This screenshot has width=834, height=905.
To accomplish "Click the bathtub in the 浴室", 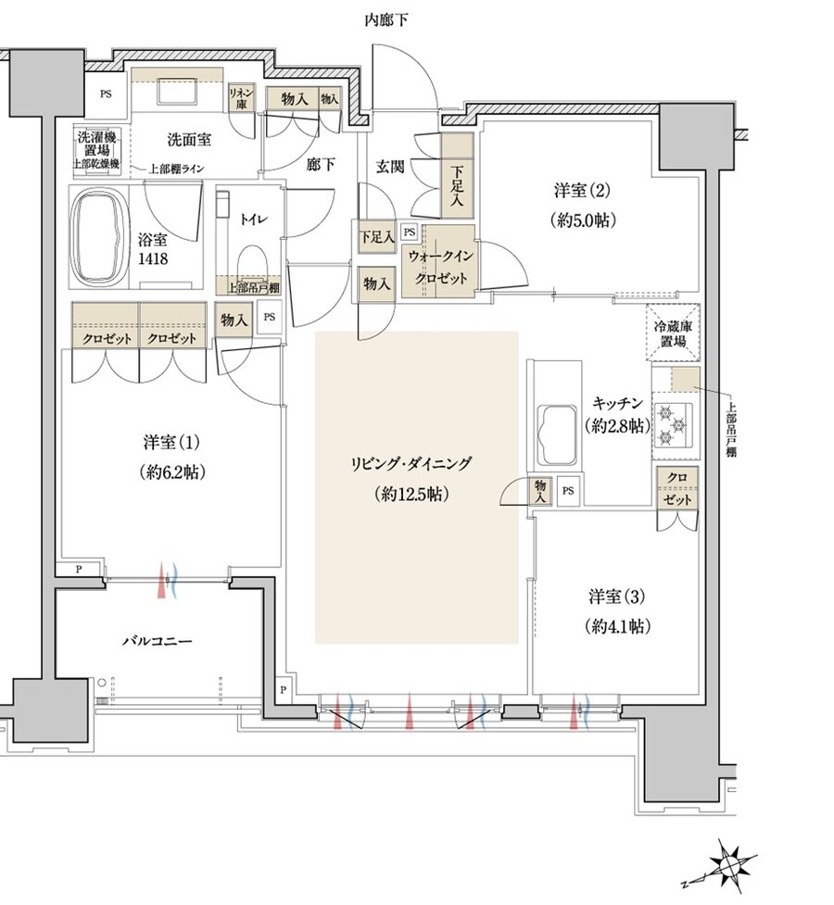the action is tap(99, 237).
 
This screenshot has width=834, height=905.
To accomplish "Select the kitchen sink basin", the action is tap(557, 434).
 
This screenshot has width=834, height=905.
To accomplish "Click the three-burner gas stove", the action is tap(672, 426).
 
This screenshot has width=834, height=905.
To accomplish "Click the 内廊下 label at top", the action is tap(386, 20).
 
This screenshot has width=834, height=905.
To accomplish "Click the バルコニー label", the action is tap(158, 641).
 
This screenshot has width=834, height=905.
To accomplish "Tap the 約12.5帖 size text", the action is tap(411, 494).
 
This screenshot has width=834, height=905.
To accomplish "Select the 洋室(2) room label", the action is tap(582, 190).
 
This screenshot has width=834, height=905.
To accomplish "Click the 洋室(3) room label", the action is tap(616, 597).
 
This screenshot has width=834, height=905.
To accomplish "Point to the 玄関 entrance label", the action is tap(390, 167).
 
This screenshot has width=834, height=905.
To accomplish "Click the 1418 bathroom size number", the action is tap(153, 258).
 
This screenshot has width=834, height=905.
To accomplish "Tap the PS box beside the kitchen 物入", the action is tap(568, 491).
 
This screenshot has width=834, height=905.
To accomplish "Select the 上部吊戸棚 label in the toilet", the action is tap(253, 287).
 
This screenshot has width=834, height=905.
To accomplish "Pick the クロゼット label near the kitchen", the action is tap(677, 488).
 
